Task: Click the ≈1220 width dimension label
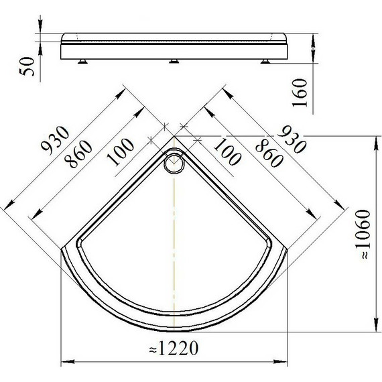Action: point(174,348)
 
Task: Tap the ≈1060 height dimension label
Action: point(363,235)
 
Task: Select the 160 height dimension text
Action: point(300,92)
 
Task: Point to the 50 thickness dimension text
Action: point(27,66)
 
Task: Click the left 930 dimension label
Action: point(56,141)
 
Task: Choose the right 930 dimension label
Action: point(292,139)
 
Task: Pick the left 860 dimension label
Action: point(78,154)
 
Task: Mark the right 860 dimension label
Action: point(269,153)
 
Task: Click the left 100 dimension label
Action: point(121,152)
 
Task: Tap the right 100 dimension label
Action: point(227,151)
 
